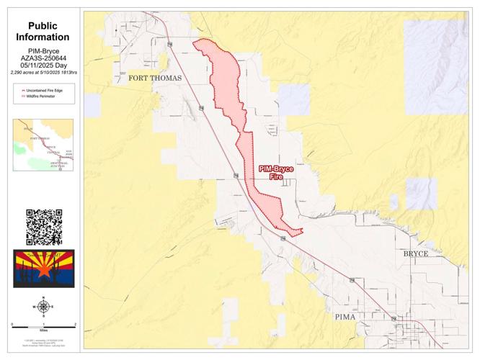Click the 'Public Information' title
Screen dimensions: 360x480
[x=44, y=31]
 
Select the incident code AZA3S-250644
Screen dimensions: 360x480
[x=44, y=59]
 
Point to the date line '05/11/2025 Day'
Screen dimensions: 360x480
[x=44, y=66]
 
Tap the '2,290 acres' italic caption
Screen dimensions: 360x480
[x=44, y=73]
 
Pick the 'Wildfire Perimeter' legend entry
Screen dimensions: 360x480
[x=42, y=96]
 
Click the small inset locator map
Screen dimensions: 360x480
[x=43, y=145]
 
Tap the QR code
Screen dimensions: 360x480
[x=44, y=227]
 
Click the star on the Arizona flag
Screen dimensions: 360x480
[x=44, y=271]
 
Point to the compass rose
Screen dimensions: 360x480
[x=43, y=307]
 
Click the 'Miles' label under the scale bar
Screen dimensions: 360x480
[x=44, y=332]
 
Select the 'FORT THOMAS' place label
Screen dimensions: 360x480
[x=156, y=78]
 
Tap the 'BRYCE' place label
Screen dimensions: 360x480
[x=415, y=254]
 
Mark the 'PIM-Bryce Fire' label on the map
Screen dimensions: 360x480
[x=276, y=172]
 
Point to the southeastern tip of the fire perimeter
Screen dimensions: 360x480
[x=303, y=230]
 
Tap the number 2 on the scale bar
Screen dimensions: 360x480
[x=76, y=325]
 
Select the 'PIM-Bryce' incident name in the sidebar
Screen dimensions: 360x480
[x=44, y=52]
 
